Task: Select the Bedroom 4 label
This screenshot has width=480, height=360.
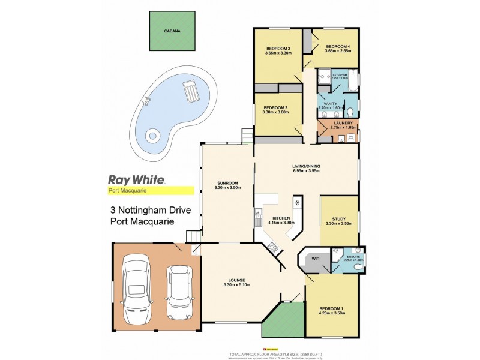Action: (x=337, y=49)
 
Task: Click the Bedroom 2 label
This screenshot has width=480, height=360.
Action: (x=276, y=110)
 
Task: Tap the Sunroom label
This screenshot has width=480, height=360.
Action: (x=227, y=185)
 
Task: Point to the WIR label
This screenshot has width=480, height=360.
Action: (x=316, y=260)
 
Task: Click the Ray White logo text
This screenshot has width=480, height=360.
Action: (x=136, y=179)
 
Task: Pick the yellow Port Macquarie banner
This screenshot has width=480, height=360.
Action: (x=146, y=191)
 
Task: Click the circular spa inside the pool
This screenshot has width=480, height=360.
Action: (x=153, y=136)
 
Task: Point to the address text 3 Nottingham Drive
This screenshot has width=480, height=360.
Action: (x=151, y=211)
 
